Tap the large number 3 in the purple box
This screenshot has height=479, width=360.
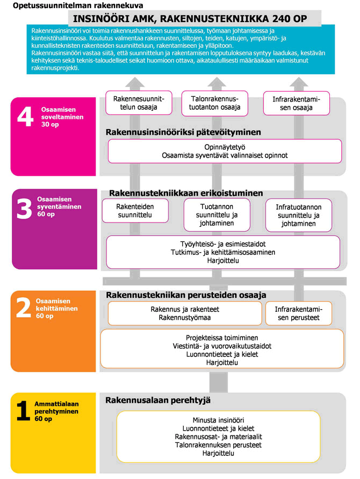[x=25, y=210]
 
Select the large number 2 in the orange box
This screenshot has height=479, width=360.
[x=24, y=309]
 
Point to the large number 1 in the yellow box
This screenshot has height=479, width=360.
[x=23, y=411]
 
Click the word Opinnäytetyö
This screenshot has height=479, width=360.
[x=225, y=146]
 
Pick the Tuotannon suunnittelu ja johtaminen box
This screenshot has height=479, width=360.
[x=217, y=215]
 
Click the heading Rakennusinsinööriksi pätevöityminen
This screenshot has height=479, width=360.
[x=183, y=132]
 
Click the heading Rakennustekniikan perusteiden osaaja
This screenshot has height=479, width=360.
[x=186, y=295]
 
